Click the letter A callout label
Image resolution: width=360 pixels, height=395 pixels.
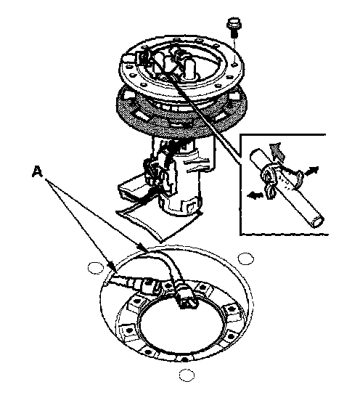click(37, 172)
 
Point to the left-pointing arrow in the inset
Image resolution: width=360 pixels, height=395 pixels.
click(255, 195)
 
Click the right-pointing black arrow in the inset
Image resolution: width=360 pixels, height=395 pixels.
click(311, 171)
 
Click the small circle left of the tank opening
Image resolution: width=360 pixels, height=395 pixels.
click(96, 268)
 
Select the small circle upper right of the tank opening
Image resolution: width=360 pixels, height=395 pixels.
click(246, 258)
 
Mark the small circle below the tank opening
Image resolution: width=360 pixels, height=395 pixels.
click(187, 375)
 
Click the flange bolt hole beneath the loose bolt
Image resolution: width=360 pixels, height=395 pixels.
click(234, 65)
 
